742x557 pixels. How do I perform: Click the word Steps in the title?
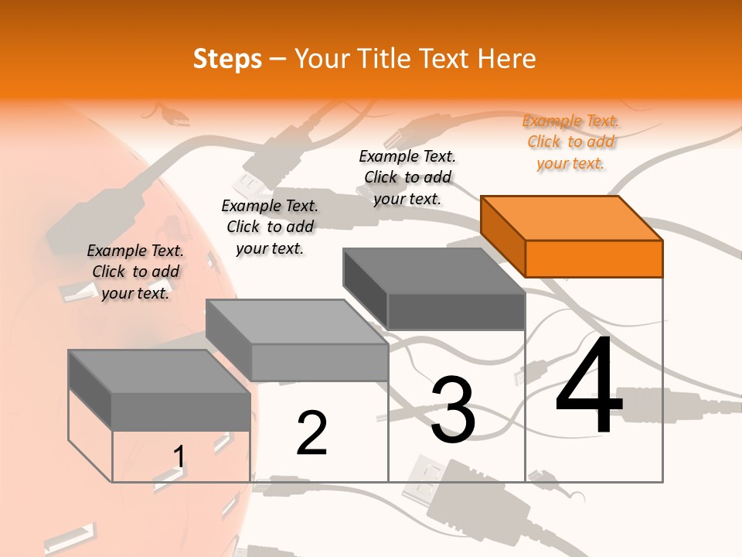227,59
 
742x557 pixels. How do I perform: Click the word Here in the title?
507,59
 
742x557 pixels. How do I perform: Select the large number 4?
589,387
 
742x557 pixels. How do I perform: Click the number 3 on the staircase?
452,410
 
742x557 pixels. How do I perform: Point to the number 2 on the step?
311,433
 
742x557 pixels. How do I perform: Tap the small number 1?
179,457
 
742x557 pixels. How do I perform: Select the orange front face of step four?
594,258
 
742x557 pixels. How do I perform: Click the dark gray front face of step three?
456,312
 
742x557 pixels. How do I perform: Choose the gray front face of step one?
181,411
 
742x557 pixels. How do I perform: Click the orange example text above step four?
571,142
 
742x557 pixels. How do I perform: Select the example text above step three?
407,178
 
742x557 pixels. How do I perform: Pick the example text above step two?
270,227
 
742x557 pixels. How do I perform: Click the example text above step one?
135,272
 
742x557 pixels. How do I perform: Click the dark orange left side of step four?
502,236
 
